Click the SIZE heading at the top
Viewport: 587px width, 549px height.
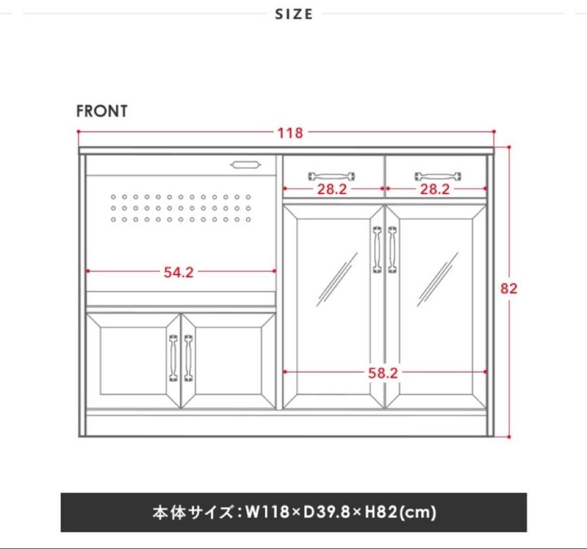(x=293, y=14)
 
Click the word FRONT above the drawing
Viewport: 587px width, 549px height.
(x=102, y=111)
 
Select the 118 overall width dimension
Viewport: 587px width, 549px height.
(x=290, y=133)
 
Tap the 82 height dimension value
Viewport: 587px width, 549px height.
(x=509, y=289)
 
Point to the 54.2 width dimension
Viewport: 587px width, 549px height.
(x=179, y=272)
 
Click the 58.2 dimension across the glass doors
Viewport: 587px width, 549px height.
(x=383, y=373)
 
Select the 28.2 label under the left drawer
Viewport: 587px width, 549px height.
(x=333, y=189)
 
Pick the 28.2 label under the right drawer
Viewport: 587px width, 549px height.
(x=435, y=189)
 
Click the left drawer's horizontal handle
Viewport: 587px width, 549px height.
(x=332, y=176)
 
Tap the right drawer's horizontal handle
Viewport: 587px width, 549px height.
(x=438, y=176)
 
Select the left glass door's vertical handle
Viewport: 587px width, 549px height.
(x=377, y=249)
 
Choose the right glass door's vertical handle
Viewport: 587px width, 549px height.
(x=392, y=249)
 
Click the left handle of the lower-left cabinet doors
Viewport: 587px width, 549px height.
(x=173, y=358)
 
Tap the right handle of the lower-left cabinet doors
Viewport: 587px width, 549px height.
(x=188, y=358)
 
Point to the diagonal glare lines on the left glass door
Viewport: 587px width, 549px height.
(x=337, y=279)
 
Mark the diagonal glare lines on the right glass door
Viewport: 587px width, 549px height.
(x=438, y=279)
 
